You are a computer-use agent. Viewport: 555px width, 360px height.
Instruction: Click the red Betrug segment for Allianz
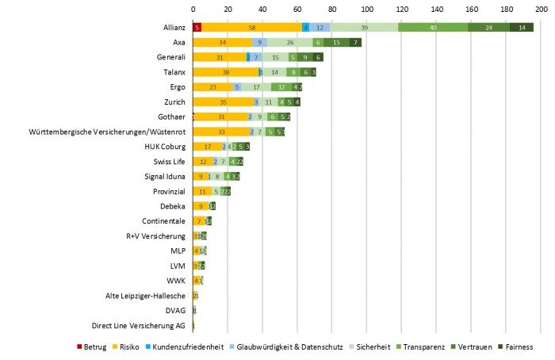click(197, 27)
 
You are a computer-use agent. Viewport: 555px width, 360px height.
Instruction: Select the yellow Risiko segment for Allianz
click(251, 27)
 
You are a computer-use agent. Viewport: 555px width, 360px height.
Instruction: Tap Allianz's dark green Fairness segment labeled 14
click(522, 27)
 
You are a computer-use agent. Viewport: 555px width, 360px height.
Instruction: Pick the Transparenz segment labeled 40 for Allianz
click(433, 27)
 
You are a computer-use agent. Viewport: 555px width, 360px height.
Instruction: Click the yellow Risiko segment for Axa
click(223, 42)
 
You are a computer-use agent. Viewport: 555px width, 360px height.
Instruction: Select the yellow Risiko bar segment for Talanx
click(226, 72)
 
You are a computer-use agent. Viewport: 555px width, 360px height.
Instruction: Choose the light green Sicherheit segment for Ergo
click(256, 87)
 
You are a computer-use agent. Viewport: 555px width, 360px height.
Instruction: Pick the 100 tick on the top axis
click(366, 9)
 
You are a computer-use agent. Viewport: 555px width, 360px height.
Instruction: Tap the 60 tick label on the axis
click(297, 9)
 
